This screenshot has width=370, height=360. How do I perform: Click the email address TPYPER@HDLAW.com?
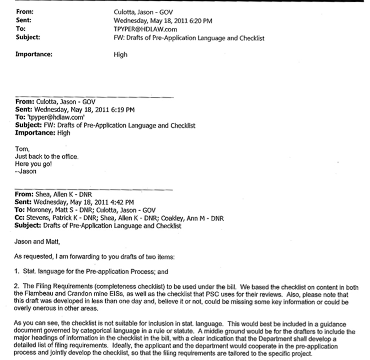click(145, 29)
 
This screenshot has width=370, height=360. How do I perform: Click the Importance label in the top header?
click(34, 54)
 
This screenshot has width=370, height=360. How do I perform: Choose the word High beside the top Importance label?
click(121, 54)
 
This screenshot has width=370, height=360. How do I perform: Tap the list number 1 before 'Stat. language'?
click(16, 272)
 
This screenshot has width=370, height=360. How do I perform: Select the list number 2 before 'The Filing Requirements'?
click(16, 287)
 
